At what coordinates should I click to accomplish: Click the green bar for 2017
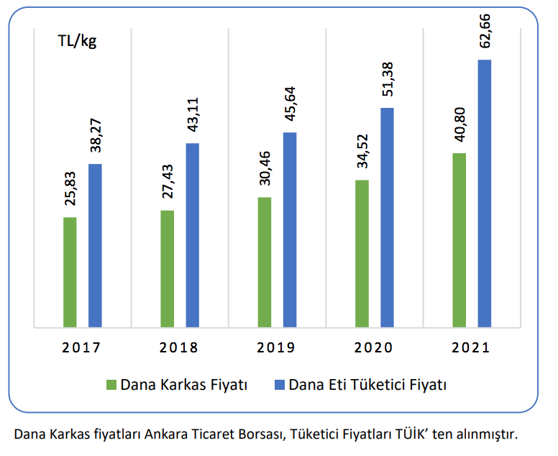[x=70, y=272]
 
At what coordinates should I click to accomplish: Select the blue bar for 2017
[x=95, y=245]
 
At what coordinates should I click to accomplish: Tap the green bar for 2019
[x=265, y=262]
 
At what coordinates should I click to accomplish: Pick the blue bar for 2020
[x=387, y=217]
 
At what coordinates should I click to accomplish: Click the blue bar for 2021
[x=484, y=193]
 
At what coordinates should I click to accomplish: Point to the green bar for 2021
[x=459, y=240]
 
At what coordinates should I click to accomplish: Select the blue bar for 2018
[x=193, y=235]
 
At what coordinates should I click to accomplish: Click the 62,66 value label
[x=485, y=29]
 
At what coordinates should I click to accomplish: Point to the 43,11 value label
[x=193, y=116]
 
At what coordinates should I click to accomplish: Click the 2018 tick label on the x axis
[x=179, y=348]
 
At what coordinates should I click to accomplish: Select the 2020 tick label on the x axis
[x=374, y=348]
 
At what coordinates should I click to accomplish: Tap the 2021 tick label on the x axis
[x=471, y=348]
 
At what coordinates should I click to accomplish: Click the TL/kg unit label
[x=77, y=40]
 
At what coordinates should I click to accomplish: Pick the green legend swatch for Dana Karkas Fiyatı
[x=111, y=385]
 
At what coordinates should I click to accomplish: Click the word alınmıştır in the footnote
[x=487, y=434]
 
